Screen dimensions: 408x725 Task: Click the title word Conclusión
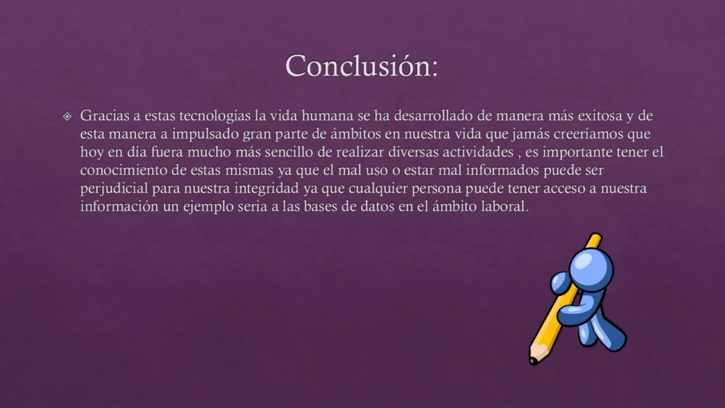(x=361, y=66)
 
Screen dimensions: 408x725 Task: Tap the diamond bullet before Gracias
(x=67, y=117)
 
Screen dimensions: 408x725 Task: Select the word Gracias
(x=104, y=116)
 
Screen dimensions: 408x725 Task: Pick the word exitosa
(x=600, y=116)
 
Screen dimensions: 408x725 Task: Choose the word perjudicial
(x=114, y=188)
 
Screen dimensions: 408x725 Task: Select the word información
(x=119, y=206)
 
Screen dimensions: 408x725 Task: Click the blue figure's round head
(x=591, y=268)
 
